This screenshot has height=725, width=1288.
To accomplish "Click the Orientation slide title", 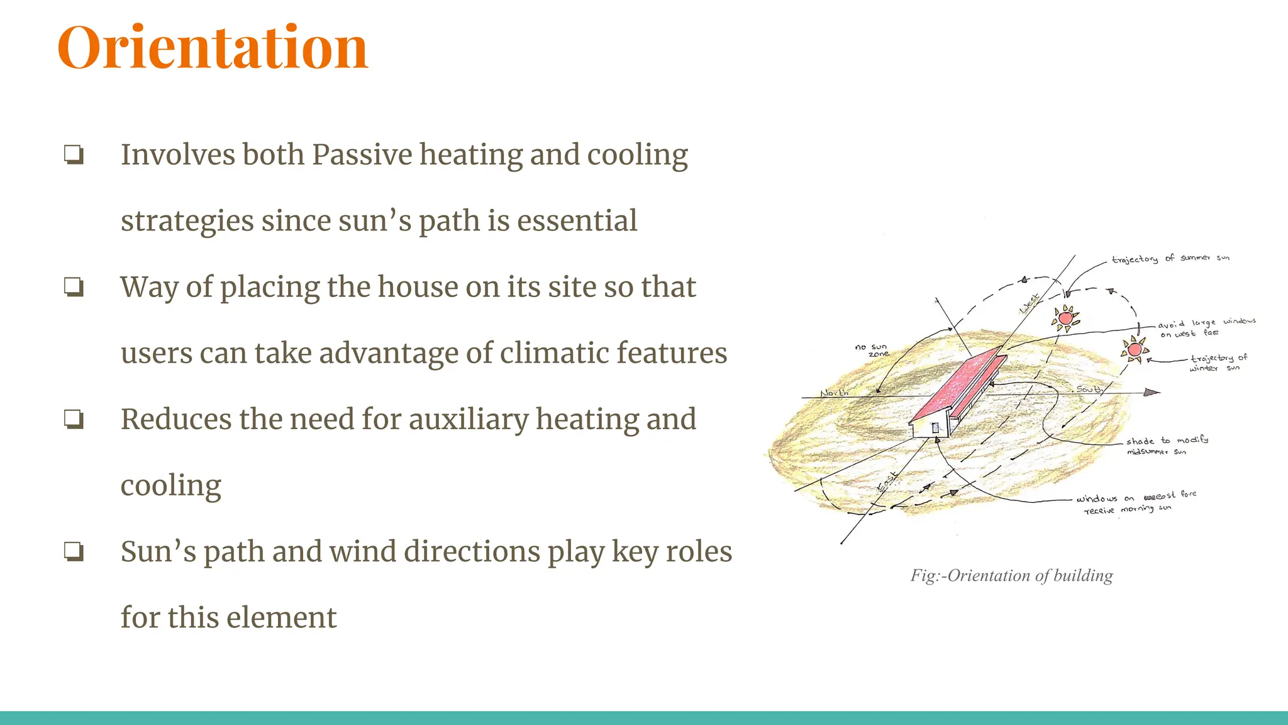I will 213,48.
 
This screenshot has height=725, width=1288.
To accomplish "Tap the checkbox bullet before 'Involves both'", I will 74,155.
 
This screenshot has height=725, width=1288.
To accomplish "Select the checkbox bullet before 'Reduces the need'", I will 74,419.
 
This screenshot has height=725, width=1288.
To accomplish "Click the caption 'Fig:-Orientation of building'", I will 1011,575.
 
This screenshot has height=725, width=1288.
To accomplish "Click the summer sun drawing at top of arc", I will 1065,318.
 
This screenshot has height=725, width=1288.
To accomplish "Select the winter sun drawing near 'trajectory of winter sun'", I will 1135,349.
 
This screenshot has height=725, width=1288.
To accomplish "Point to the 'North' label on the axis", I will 834,393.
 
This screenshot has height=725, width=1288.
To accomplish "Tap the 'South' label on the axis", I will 1089,389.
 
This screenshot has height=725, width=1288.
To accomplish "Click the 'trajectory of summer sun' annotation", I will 1170,259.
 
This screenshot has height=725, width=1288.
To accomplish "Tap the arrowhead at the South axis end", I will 1152,393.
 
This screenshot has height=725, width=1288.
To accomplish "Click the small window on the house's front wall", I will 935,428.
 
